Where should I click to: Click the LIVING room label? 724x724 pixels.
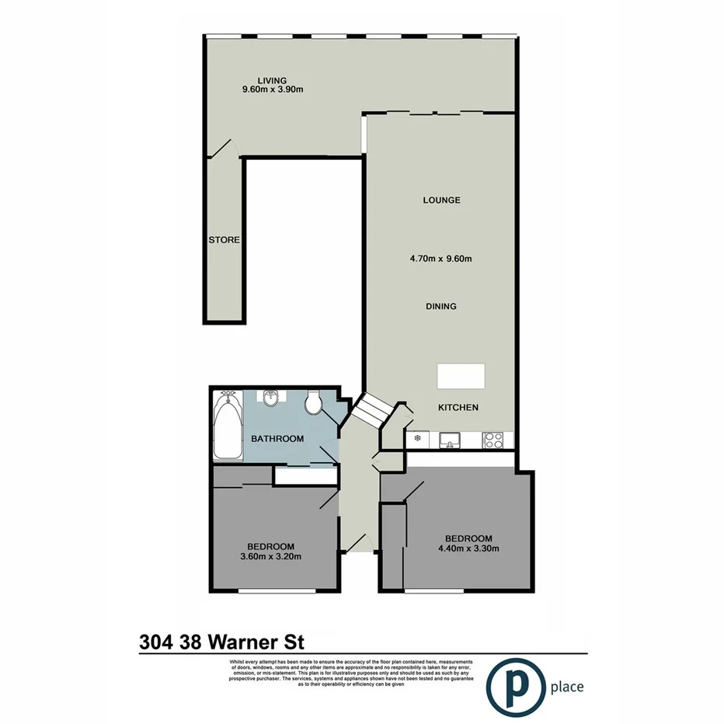(272, 80)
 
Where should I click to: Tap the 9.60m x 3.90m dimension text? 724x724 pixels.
(272, 89)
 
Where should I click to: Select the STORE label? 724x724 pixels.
(224, 240)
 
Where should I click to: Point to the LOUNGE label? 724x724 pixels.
(441, 200)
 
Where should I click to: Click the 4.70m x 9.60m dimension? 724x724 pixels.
(441, 259)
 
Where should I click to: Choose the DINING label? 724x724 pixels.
(440, 306)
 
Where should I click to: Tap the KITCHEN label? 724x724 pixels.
(458, 408)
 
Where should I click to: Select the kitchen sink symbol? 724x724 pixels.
(449, 440)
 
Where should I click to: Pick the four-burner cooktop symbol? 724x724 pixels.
(494, 440)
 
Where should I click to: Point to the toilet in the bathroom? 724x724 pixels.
(314, 402)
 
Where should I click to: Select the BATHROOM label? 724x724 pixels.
(277, 439)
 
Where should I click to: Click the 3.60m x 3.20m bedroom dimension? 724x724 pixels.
(270, 555)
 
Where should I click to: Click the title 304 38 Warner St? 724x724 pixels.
(221, 642)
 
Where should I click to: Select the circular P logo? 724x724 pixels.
(514, 686)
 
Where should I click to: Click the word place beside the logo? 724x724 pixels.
(566, 687)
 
